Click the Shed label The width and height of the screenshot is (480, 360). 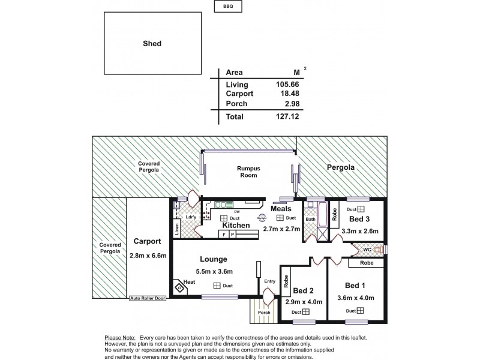[152, 43]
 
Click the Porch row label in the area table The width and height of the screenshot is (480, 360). [236, 104]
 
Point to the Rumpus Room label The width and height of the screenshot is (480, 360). [247, 172]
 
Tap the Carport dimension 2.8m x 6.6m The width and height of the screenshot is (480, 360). [147, 255]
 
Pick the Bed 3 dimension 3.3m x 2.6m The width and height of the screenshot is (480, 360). [359, 230]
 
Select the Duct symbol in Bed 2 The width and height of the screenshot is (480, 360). [305, 312]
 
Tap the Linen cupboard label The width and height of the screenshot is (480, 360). [178, 228]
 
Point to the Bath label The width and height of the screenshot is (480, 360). [310, 220]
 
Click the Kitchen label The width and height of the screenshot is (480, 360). [236, 225]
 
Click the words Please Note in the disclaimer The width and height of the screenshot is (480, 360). [119, 338]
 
